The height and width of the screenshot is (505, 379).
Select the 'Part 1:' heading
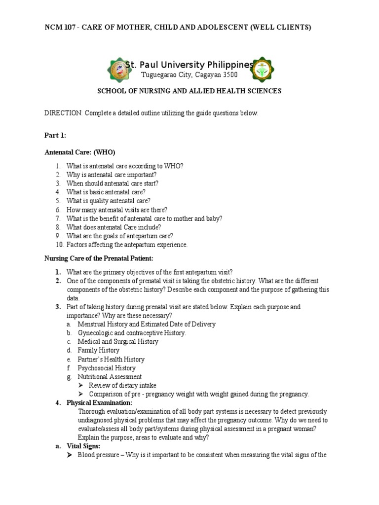[x=55, y=136]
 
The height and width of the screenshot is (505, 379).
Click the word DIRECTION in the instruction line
[x=63, y=113]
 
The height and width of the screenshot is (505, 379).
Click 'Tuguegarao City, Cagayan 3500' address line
[x=189, y=75]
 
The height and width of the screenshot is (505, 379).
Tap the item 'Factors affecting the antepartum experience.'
[x=127, y=245]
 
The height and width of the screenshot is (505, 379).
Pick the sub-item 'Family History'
[x=99, y=351]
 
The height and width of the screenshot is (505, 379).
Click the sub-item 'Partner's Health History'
[x=111, y=360]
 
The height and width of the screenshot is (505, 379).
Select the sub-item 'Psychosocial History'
[x=107, y=368]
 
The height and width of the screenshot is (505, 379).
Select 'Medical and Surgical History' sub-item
[x=118, y=342]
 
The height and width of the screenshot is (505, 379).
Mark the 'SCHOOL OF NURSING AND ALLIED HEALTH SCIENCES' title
[x=189, y=91]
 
